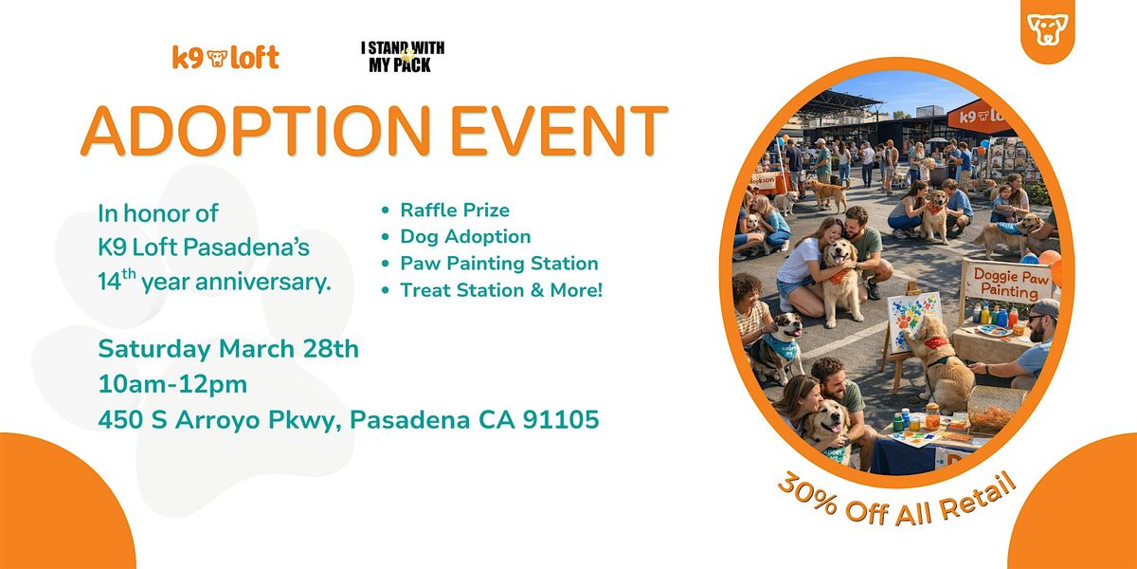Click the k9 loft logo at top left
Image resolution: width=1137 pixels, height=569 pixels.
tap(226, 58)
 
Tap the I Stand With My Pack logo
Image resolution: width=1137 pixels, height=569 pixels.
tap(403, 57)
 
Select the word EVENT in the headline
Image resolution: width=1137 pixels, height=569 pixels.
tap(559, 131)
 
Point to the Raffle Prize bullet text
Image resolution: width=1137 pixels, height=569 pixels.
tap(455, 210)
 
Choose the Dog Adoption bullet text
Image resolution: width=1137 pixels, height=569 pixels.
tap(465, 237)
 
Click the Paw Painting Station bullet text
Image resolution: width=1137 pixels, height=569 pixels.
tap(499, 264)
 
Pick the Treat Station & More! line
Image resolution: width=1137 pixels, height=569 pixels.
tap(501, 290)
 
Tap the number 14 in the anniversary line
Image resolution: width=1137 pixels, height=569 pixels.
tap(109, 282)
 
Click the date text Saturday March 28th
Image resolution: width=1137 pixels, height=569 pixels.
tap(228, 349)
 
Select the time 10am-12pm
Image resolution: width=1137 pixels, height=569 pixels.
tap(172, 384)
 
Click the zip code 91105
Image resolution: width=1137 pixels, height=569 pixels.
tap(561, 419)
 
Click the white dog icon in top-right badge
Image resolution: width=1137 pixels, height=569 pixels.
tap(1047, 28)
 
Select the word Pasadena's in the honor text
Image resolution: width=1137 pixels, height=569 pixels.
tap(246, 248)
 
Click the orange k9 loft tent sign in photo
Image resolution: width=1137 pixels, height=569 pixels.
tap(976, 116)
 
